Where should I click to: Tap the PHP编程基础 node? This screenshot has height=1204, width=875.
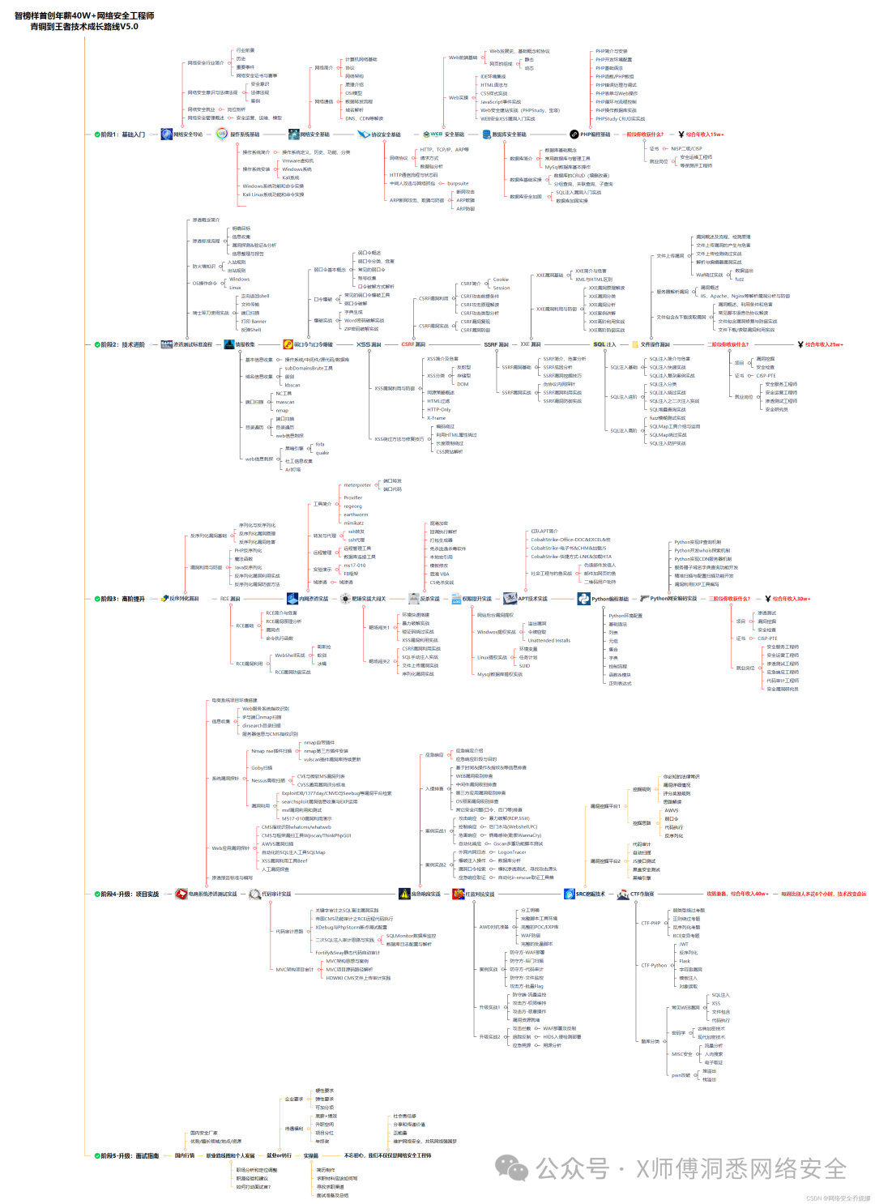pos(595,134)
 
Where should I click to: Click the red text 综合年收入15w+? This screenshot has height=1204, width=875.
pos(705,134)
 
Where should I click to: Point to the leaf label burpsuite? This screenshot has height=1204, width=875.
pos(458,184)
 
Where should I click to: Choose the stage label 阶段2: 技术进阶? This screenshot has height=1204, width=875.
pos(122,344)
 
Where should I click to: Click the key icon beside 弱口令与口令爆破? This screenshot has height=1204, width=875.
pos(288,344)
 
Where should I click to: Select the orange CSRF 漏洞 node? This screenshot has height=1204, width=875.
pos(413,344)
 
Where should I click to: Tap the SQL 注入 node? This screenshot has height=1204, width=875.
pos(604,344)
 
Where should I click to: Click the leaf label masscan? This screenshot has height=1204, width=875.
pos(285,402)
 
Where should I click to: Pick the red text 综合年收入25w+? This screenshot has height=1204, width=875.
pos(823,344)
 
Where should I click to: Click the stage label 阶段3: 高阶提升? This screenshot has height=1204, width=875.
pos(122,599)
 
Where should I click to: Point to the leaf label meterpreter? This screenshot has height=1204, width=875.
pos(357,485)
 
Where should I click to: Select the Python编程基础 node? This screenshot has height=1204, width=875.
pos(609,599)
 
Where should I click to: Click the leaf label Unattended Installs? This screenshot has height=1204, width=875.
pos(548,640)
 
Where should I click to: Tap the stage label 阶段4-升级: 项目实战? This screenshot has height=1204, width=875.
pos(128,894)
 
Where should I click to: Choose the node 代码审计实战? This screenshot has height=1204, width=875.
pos(275,894)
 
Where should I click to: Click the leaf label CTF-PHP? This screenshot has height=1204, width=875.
pos(651,923)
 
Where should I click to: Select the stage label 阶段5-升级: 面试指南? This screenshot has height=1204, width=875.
pos(128,1155)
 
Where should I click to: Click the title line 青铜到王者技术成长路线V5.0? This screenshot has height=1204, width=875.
pos(84,27)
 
